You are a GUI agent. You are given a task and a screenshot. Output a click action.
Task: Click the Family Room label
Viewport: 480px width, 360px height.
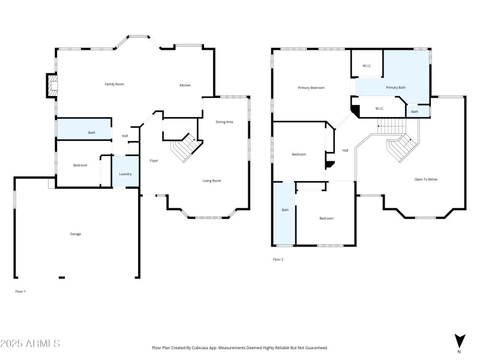(114, 84)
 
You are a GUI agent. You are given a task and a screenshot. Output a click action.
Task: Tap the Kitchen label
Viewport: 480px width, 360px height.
(185, 85)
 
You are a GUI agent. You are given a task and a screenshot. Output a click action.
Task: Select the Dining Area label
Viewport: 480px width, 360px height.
(224, 122)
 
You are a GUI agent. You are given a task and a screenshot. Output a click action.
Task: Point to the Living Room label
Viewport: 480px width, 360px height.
(211, 181)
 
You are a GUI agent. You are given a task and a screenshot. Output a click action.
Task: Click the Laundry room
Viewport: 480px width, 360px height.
(125, 173)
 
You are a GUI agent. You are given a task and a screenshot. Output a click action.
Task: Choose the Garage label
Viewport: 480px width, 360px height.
(75, 234)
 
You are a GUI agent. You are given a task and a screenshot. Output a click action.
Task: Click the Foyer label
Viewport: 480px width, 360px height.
(154, 161)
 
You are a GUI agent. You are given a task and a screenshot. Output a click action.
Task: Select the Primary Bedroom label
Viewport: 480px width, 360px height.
(311, 88)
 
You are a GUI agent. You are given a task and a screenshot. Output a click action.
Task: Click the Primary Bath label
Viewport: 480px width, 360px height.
(395, 88)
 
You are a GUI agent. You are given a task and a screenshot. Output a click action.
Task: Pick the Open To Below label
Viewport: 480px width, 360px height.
(426, 179)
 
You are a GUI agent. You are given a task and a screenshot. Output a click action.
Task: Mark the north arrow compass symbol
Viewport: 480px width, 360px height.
(459, 340)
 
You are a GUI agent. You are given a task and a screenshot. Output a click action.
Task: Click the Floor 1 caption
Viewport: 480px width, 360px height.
(20, 291)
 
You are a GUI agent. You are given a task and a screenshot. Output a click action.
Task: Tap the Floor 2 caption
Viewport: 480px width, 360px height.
(278, 259)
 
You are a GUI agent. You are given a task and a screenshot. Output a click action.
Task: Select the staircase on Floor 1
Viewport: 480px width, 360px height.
(185, 148)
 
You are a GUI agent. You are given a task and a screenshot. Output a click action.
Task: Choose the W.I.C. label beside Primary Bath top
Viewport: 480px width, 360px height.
(367, 65)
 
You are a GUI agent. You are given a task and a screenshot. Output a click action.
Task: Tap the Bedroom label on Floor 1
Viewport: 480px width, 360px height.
(80, 165)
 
